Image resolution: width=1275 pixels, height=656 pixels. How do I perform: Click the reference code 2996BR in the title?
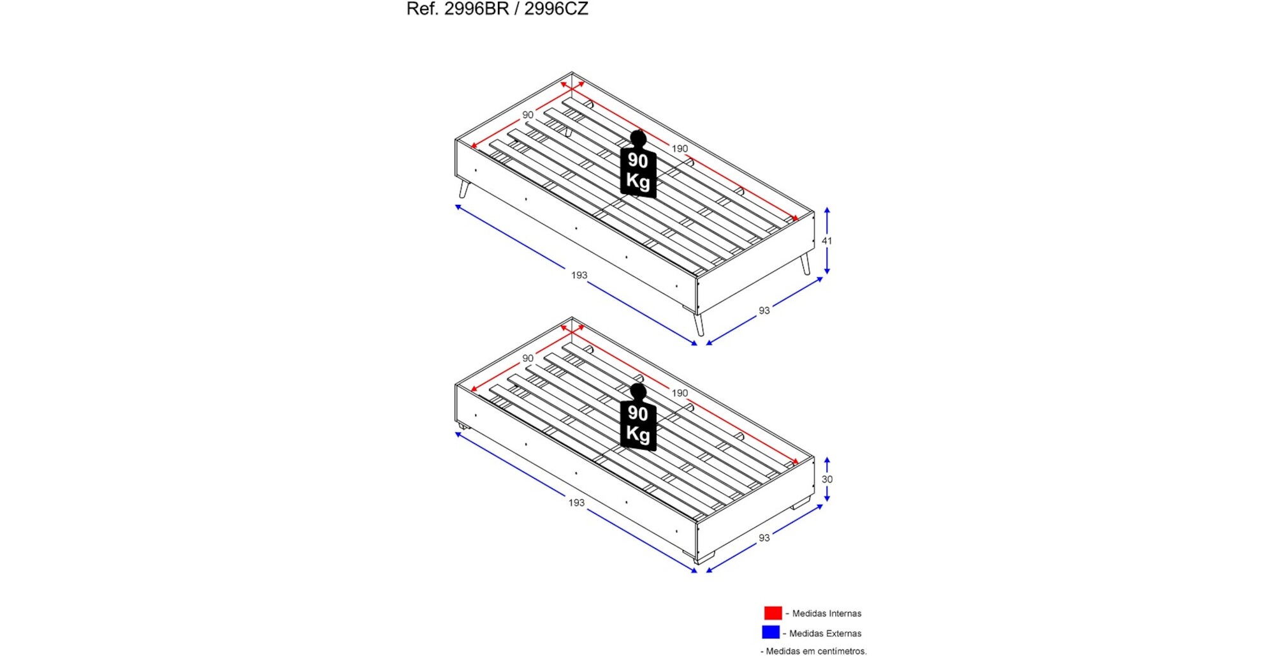tap(476, 8)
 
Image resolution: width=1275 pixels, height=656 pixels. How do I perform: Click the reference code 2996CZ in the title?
tap(556, 8)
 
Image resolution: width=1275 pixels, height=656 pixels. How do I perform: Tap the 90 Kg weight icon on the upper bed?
tap(638, 164)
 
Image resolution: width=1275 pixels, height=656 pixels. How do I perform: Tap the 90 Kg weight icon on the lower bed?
tap(638, 417)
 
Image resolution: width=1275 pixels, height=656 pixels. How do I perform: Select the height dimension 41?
tap(827, 241)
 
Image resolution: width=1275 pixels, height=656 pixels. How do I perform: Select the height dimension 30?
tap(827, 479)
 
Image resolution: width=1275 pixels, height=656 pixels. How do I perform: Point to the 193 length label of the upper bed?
tap(579, 275)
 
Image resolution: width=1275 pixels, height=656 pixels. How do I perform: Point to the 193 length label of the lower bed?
tap(576, 503)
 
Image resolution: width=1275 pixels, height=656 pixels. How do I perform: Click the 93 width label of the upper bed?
tap(764, 311)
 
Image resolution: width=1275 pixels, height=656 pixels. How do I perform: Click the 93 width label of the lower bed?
tap(764, 538)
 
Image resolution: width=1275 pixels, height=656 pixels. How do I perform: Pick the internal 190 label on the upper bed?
tap(680, 149)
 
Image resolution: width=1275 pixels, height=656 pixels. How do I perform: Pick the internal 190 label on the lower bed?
tap(680, 393)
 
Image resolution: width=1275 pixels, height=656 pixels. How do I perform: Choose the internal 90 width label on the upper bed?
tap(528, 115)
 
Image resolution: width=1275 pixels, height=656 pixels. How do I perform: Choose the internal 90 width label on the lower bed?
tap(528, 358)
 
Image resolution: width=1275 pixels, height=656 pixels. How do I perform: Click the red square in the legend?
tap(773, 613)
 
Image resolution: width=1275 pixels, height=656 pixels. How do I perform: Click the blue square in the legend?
tap(771, 632)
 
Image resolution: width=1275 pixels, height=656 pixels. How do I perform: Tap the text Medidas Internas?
tap(827, 613)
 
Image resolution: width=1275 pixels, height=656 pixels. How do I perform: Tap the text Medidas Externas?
tap(826, 633)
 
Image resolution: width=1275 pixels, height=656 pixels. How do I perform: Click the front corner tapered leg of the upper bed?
tap(699, 325)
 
